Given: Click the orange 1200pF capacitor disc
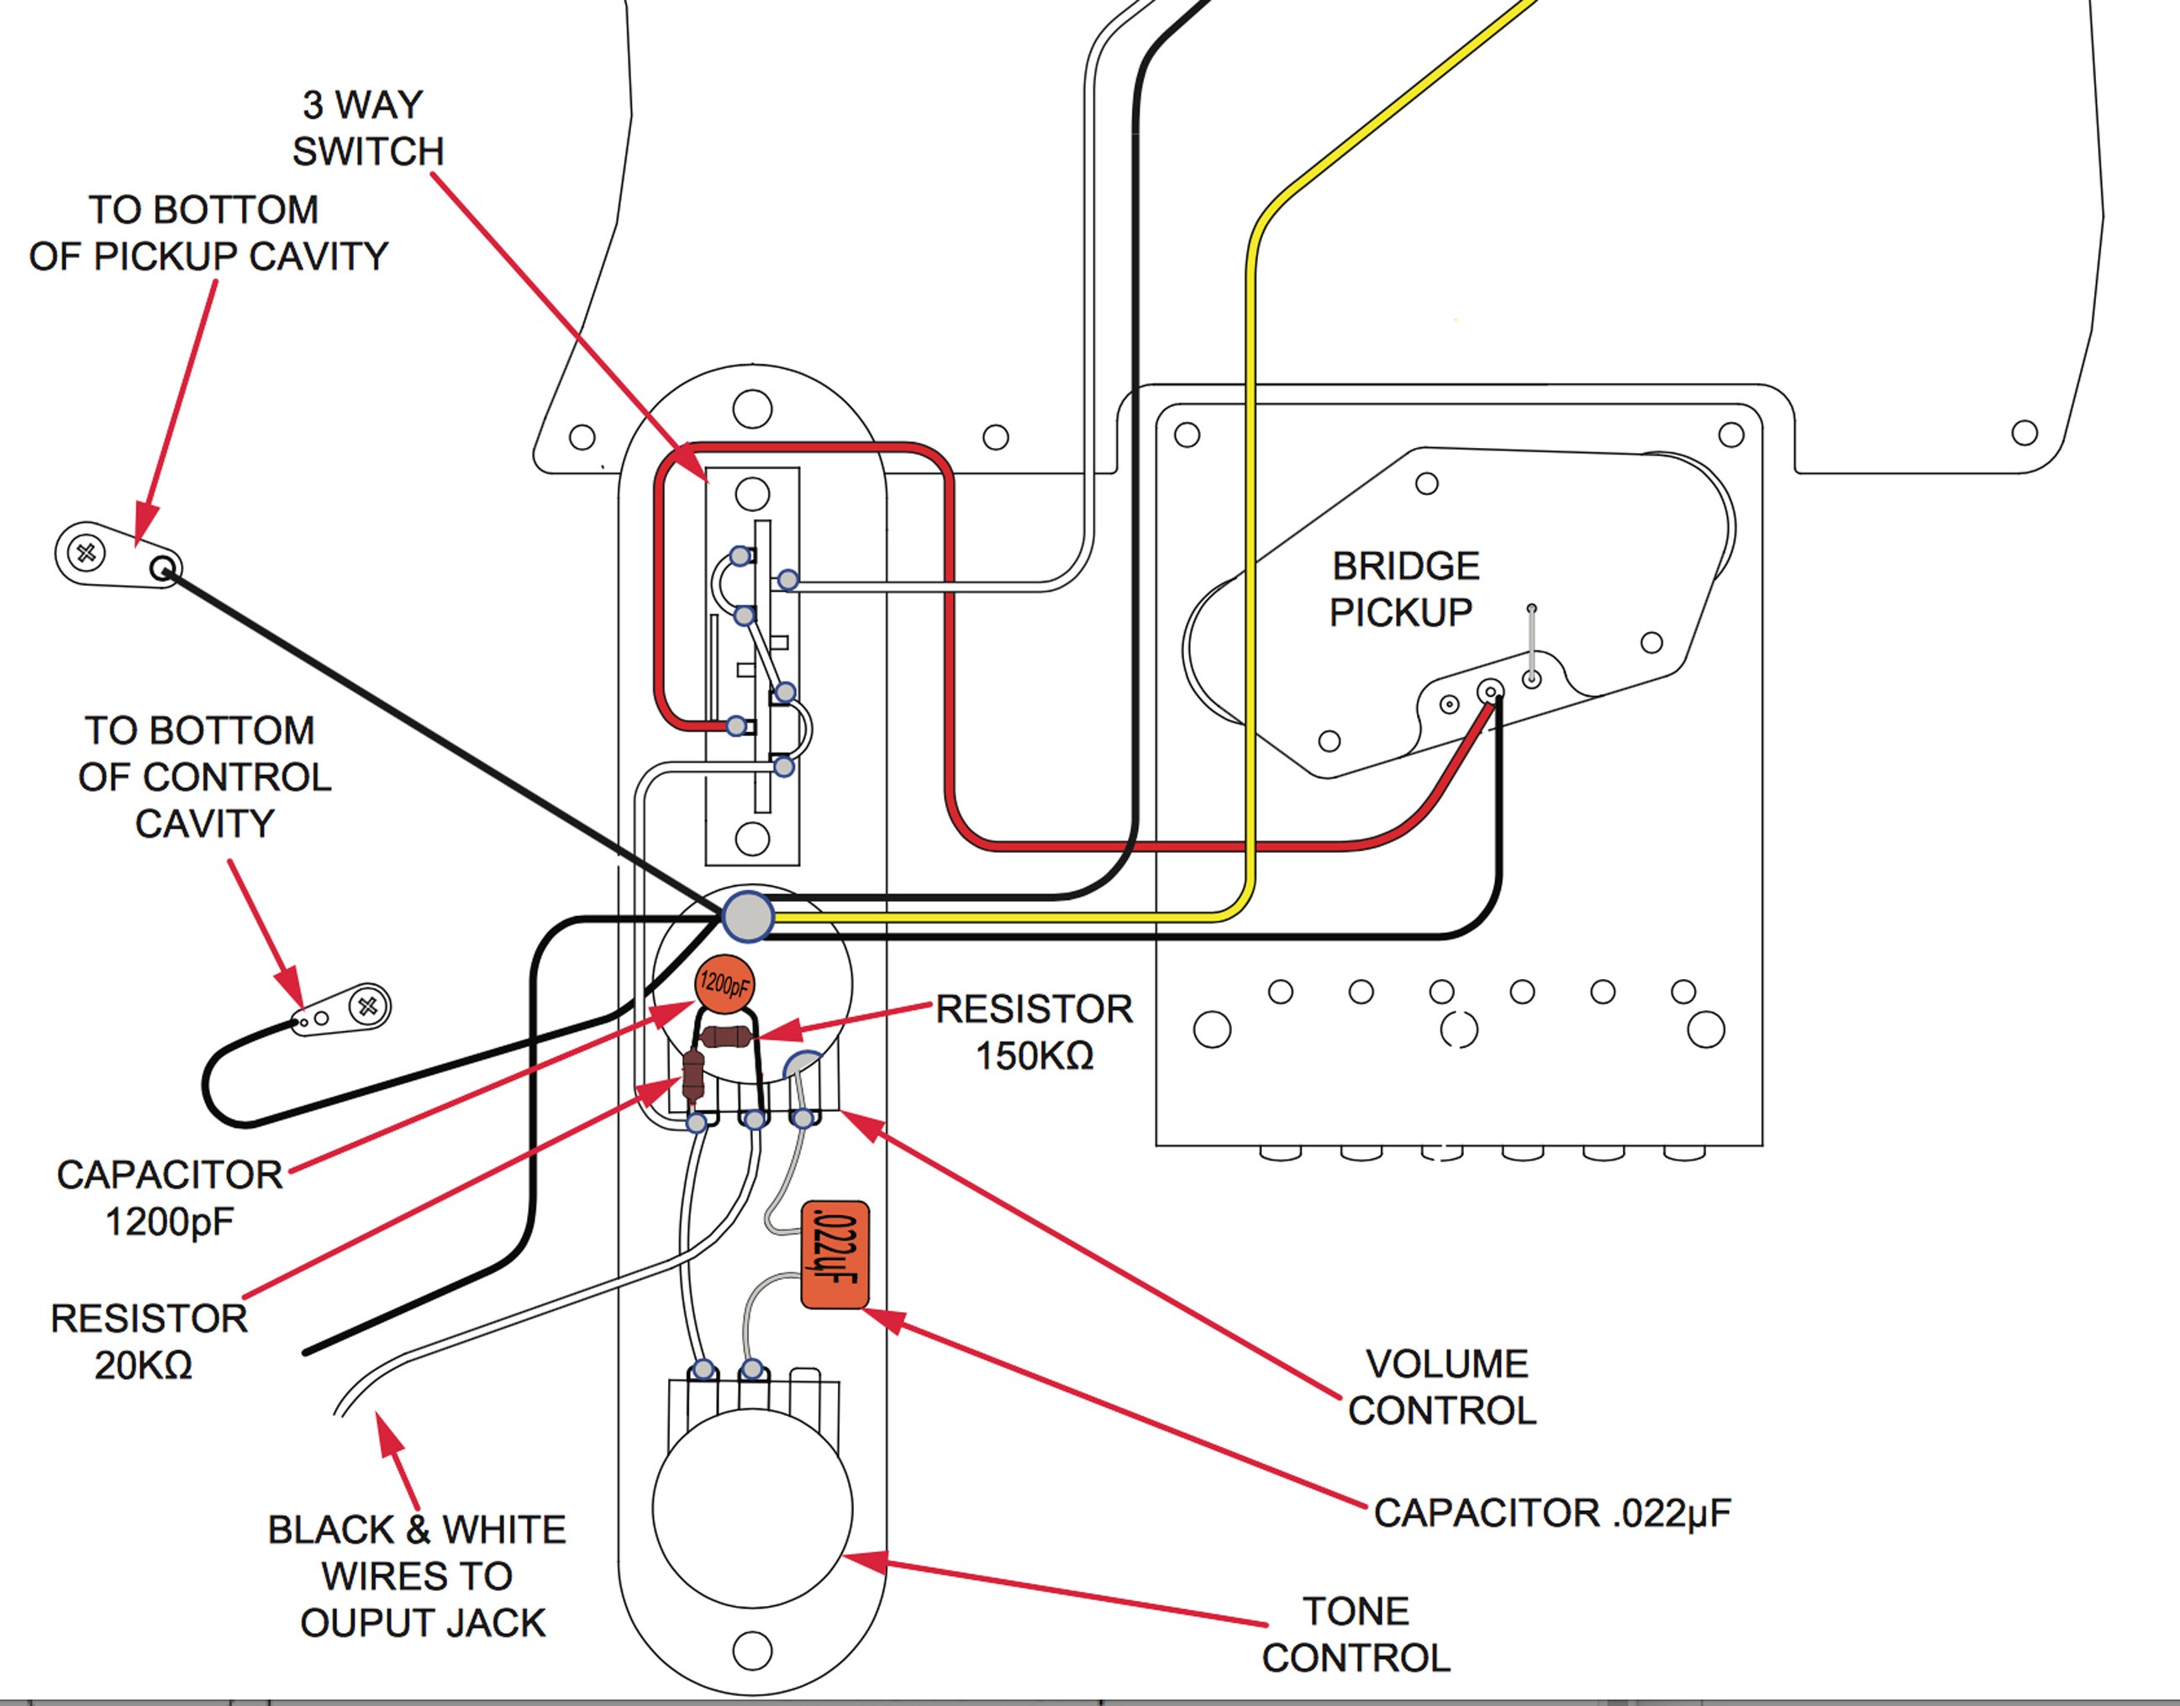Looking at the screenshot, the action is pos(724,985).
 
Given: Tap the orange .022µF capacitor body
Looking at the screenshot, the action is pos(835,1255).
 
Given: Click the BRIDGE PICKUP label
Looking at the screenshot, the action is pos(1404,589).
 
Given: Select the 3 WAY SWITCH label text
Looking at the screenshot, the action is pos(366,128).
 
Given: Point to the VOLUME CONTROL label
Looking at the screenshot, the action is pos(1443,1387).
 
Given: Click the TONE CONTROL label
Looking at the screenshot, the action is pos(1356,1634).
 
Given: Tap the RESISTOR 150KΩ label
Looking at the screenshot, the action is pos(1035,1032).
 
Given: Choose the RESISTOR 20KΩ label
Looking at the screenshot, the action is pos(149,1341).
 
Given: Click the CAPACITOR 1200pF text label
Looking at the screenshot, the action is pos(170,1198).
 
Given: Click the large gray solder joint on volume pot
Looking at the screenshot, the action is pos(748,916).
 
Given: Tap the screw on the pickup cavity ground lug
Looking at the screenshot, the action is pos(87,552).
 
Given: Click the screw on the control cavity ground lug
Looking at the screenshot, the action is pos(368,1006).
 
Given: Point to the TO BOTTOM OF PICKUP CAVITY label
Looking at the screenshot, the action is pos(208,233).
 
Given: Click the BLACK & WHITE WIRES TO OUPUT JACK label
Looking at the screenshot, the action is pos(418,1576).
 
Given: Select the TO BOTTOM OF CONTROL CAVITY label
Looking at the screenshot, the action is pos(205,777).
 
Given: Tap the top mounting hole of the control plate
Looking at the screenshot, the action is pos(752,409).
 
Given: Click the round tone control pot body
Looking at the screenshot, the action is pos(752,1509).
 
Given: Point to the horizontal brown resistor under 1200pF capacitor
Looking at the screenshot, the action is pos(726,1038).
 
